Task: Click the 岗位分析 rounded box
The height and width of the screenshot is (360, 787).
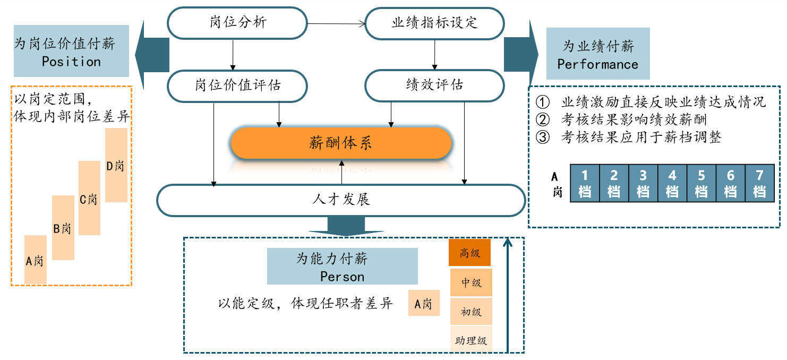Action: click(x=237, y=23)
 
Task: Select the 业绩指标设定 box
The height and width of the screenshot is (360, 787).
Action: click(x=435, y=23)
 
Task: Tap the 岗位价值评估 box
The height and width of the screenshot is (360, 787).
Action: click(x=237, y=85)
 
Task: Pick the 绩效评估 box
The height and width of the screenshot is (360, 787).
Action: click(x=435, y=85)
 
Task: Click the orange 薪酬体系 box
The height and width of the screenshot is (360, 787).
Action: click(x=341, y=143)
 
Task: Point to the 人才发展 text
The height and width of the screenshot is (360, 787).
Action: click(x=341, y=200)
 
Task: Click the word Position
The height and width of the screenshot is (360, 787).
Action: click(x=71, y=62)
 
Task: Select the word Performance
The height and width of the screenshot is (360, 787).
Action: click(x=597, y=64)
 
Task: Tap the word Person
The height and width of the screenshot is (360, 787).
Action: click(x=342, y=277)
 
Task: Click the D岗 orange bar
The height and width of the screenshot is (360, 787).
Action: click(x=116, y=165)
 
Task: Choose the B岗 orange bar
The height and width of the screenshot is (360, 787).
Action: click(x=63, y=228)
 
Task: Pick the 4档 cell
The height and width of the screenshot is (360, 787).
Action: click(x=672, y=183)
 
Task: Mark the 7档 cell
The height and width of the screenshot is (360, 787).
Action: click(x=759, y=183)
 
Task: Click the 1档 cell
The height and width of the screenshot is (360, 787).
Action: click(x=585, y=183)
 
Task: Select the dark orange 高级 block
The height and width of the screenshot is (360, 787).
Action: click(x=470, y=253)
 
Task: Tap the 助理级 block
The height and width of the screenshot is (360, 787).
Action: click(x=471, y=340)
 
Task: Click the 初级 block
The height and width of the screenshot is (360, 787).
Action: click(x=471, y=312)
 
